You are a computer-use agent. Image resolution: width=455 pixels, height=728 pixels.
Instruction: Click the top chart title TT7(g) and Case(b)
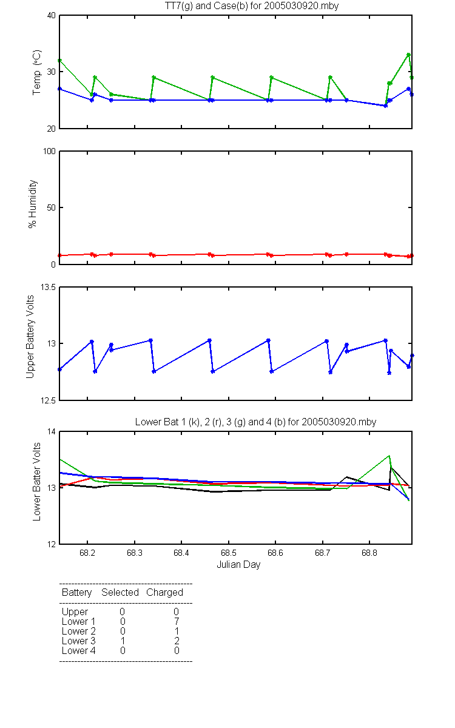pyautogui.click(x=252, y=6)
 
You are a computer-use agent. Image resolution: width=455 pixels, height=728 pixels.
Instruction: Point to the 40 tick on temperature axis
pyautogui.click(x=52, y=16)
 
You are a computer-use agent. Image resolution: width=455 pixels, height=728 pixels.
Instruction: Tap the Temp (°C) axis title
pyautogui.click(x=37, y=72)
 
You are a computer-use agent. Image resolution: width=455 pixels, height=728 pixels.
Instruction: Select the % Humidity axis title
pyautogui.click(x=33, y=204)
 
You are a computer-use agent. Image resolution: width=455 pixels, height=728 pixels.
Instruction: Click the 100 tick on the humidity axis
pyautogui.click(x=49, y=152)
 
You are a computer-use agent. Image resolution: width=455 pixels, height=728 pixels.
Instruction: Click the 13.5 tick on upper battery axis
pyautogui.click(x=48, y=288)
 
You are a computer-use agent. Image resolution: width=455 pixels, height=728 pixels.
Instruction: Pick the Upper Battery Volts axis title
pyautogui.click(x=30, y=337)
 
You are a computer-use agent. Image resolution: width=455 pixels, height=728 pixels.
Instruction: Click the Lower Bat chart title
pyautogui.click(x=255, y=422)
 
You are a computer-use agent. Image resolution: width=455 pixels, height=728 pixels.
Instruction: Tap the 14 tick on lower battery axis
pyautogui.click(x=52, y=431)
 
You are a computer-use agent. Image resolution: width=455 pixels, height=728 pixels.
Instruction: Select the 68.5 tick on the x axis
pyautogui.click(x=229, y=553)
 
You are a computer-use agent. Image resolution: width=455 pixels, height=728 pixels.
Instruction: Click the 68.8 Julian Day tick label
pyautogui.click(x=369, y=553)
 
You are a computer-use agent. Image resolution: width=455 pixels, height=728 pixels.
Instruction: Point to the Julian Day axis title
pyautogui.click(x=238, y=565)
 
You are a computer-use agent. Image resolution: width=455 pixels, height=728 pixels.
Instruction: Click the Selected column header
pyautogui.click(x=120, y=592)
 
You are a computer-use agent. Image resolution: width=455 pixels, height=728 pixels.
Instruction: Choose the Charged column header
pyautogui.click(x=164, y=593)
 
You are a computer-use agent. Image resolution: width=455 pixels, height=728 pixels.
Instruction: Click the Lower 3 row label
pyautogui.click(x=79, y=641)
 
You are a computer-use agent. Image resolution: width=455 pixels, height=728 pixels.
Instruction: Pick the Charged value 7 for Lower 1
pyautogui.click(x=177, y=621)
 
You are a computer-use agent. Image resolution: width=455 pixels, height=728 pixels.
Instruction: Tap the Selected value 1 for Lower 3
pyautogui.click(x=123, y=641)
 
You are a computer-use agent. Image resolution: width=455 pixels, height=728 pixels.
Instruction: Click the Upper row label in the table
pyautogui.click(x=75, y=612)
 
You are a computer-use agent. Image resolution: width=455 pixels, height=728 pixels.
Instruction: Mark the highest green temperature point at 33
pyautogui.click(x=408, y=55)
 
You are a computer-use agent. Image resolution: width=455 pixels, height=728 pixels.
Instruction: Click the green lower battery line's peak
pyautogui.click(x=389, y=456)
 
